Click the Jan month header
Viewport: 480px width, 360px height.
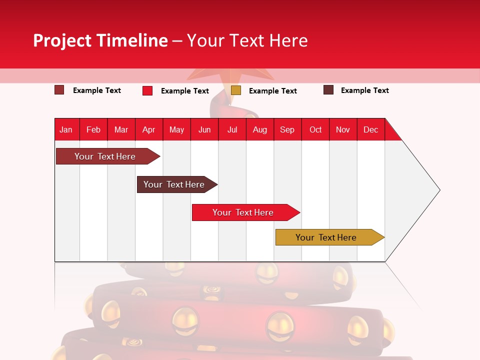(66, 129)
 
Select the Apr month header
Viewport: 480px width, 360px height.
(148, 129)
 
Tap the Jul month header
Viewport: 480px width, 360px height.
(232, 129)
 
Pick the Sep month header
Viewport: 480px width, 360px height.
(287, 129)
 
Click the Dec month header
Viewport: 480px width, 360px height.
(370, 129)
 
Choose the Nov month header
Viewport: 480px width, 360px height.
(342, 129)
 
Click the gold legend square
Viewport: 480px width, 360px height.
(236, 90)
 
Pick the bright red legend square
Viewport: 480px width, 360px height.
(147, 90)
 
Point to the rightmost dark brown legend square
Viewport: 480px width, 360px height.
(328, 90)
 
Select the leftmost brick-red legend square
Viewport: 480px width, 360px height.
(59, 90)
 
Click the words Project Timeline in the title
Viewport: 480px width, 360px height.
(100, 40)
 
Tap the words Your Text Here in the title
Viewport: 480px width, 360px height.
(247, 40)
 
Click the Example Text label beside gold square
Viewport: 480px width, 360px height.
(272, 91)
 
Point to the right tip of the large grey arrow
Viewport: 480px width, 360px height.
(439, 190)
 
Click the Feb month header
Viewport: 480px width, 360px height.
(93, 129)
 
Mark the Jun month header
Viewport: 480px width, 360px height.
(204, 129)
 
